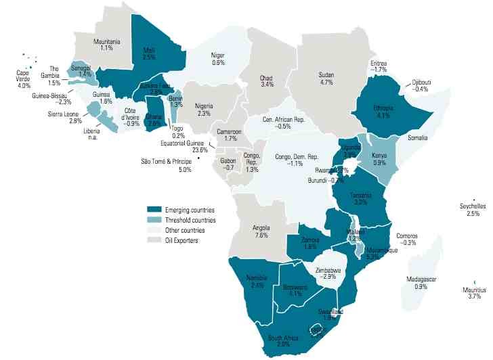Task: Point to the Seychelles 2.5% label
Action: click(x=473, y=209)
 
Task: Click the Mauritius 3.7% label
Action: click(x=473, y=292)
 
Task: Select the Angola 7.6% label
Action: click(x=261, y=231)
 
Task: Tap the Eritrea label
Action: click(x=379, y=66)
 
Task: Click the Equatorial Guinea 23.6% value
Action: click(x=197, y=150)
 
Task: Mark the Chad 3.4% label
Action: click(x=267, y=81)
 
